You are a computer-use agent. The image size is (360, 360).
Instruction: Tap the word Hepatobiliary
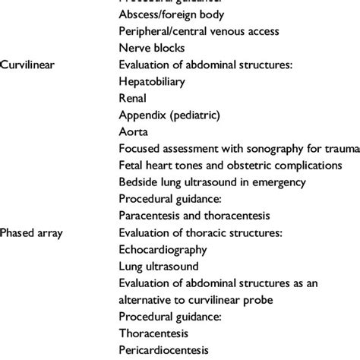(x=153, y=81)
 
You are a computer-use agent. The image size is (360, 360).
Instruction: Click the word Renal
(x=133, y=98)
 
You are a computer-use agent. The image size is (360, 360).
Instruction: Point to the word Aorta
(x=134, y=131)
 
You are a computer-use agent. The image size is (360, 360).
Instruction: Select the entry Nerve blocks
(x=150, y=48)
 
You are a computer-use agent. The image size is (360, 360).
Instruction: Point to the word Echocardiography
(x=161, y=249)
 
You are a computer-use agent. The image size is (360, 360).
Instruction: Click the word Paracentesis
(x=150, y=215)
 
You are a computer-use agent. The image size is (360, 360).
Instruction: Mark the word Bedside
(x=138, y=182)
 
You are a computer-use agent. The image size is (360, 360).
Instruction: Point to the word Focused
(x=140, y=148)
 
